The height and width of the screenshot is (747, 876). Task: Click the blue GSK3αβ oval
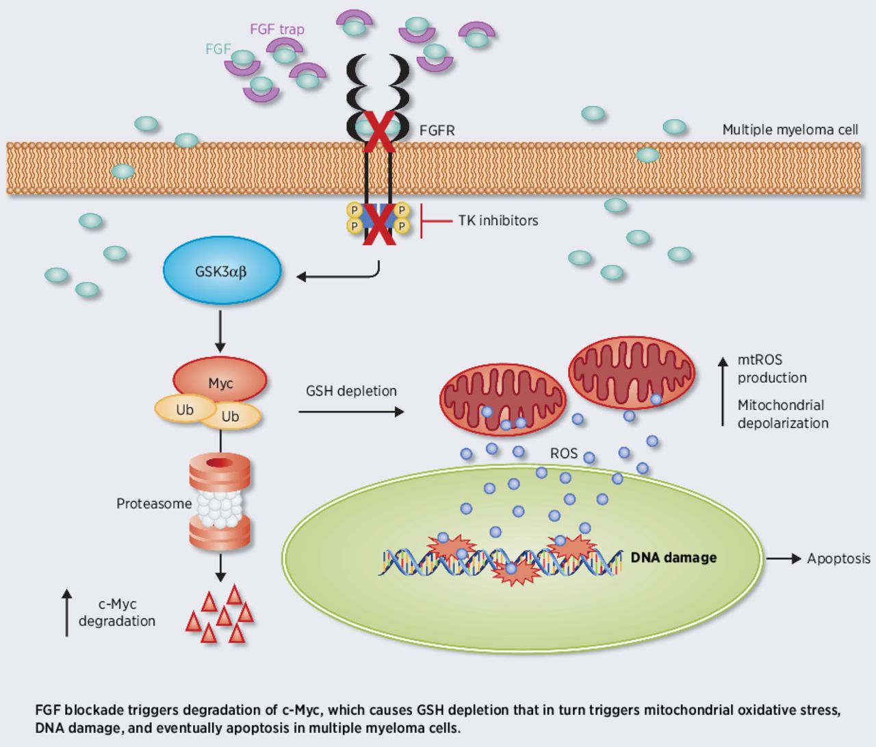[221, 270]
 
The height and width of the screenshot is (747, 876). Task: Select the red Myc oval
[220, 380]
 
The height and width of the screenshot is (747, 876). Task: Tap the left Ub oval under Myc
[184, 409]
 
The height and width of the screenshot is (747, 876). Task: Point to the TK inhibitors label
[498, 220]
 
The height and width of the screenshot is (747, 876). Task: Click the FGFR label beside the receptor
[437, 130]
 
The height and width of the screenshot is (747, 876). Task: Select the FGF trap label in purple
[276, 29]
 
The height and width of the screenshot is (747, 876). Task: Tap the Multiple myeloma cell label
[790, 130]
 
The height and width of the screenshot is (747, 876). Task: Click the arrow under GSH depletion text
[351, 412]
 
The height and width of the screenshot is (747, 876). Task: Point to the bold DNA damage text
[673, 558]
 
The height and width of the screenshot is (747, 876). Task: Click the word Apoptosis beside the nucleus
[838, 559]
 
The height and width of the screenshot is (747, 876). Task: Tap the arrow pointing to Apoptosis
[784, 559]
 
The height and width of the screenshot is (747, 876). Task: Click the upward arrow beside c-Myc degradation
[66, 613]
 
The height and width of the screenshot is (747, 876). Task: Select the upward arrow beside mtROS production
[723, 391]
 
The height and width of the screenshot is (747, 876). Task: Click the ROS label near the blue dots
[563, 453]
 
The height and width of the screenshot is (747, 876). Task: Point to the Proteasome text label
[154, 504]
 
